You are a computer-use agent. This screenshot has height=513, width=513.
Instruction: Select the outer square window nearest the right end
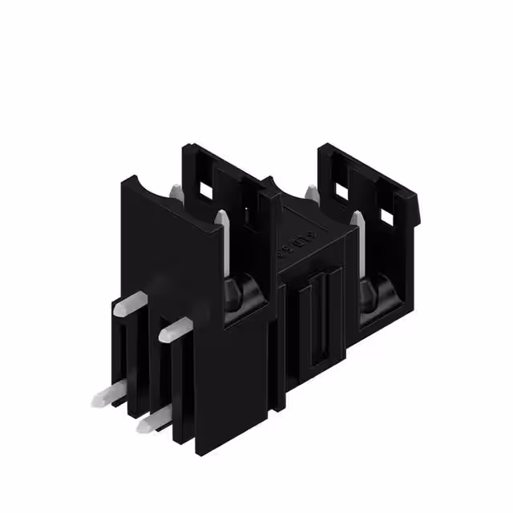coord(387,214)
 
